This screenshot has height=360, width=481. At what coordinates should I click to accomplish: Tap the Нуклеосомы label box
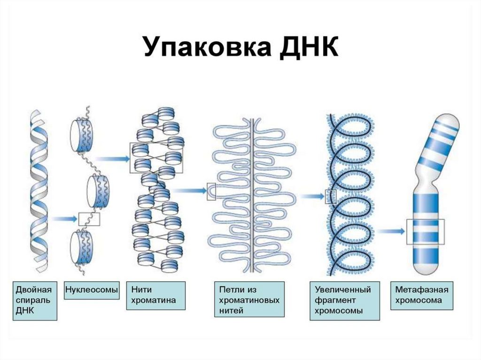(91, 290)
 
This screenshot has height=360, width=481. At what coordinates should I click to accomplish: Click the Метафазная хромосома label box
(422, 295)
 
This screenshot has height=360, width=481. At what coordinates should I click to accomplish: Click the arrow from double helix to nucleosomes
(65, 218)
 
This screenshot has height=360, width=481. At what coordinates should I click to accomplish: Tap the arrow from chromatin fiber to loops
(189, 191)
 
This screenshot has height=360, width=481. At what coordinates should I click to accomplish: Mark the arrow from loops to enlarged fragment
(312, 195)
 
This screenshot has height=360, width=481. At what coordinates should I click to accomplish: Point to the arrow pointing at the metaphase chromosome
(391, 230)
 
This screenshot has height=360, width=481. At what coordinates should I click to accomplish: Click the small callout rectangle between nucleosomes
(89, 218)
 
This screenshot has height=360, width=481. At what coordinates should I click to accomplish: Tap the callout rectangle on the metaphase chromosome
(425, 231)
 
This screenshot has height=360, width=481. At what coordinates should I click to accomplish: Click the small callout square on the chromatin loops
(211, 191)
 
